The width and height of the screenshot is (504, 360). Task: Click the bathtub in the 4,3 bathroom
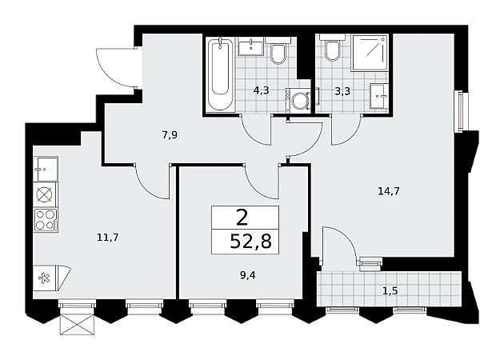tap(220, 74)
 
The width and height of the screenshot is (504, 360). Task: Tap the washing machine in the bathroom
tap(298, 100)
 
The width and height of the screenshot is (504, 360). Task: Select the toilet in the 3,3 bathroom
tap(332, 47)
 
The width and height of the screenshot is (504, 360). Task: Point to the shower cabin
tap(369, 53)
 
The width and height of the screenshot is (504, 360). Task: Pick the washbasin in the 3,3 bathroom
tap(378, 98)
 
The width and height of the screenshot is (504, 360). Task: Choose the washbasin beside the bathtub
tap(250, 46)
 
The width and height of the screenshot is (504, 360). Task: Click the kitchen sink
tap(46, 169)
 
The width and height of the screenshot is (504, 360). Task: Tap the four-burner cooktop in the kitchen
tap(46, 219)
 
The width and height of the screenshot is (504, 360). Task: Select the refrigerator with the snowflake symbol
tap(50, 278)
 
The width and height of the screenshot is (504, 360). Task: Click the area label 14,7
tap(388, 191)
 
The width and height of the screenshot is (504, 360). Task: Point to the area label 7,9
tap(170, 135)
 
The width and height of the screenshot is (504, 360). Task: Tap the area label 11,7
tap(108, 238)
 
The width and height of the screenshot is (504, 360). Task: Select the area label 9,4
tap(247, 275)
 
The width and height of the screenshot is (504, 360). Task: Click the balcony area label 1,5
tap(390, 291)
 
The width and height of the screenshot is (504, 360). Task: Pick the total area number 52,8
tap(251, 241)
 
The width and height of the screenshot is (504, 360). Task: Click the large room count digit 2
tap(242, 218)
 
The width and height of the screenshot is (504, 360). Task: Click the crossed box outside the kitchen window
tap(77, 324)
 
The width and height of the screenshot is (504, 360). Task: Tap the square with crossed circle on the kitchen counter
tap(46, 194)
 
